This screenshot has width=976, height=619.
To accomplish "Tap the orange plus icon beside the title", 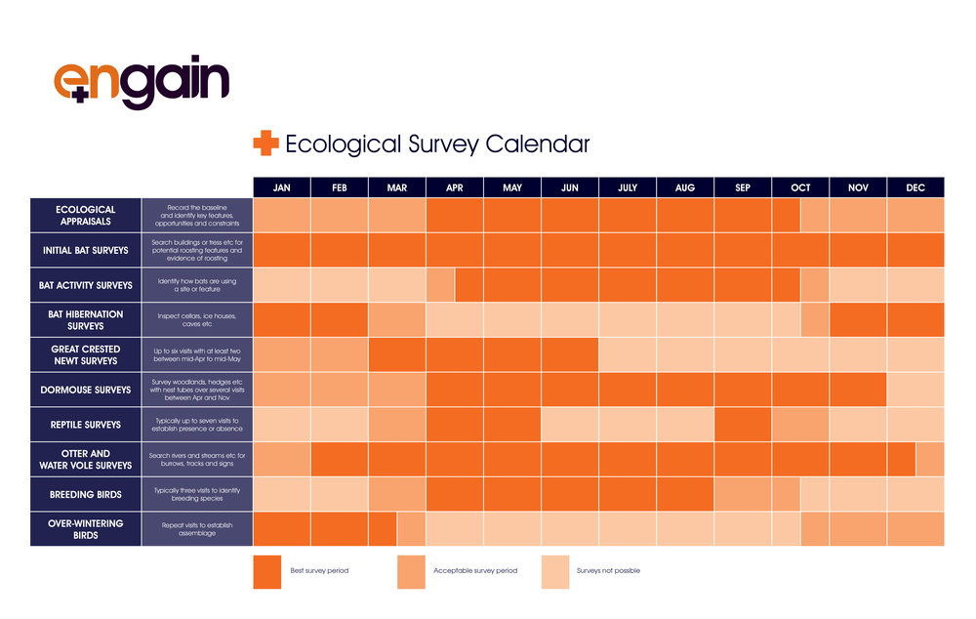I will pyautogui.click(x=265, y=144).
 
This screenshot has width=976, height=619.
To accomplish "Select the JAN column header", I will pyautogui.click(x=282, y=187).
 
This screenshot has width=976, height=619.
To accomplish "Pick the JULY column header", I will pyautogui.click(x=628, y=187).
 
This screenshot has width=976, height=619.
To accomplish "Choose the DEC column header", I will pyautogui.click(x=915, y=187).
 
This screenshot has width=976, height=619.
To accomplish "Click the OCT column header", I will pyautogui.click(x=800, y=187).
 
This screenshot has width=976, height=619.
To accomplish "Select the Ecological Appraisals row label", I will pyautogui.click(x=86, y=215).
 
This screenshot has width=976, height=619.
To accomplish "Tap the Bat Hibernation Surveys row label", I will pyautogui.click(x=86, y=320).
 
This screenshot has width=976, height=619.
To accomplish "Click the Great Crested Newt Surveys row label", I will pyautogui.click(x=86, y=354).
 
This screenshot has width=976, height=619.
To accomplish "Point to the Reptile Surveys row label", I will pyautogui.click(x=86, y=425).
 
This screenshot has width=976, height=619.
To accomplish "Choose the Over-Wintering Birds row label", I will pyautogui.click(x=86, y=529).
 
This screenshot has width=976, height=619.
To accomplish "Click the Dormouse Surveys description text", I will pyautogui.click(x=197, y=390).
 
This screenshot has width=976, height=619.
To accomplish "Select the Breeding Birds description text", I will pyautogui.click(x=197, y=494).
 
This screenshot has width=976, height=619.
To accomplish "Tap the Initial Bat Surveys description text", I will pyautogui.click(x=197, y=250).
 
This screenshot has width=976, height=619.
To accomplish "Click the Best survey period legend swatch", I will pyautogui.click(x=267, y=571).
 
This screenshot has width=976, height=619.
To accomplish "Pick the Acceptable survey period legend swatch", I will pyautogui.click(x=411, y=571).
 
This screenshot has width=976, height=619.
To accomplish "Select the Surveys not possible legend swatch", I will pyautogui.click(x=554, y=571).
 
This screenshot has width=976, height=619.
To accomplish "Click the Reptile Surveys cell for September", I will pyautogui.click(x=743, y=425).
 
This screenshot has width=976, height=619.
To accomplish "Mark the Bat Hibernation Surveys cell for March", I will pyautogui.click(x=397, y=320).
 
